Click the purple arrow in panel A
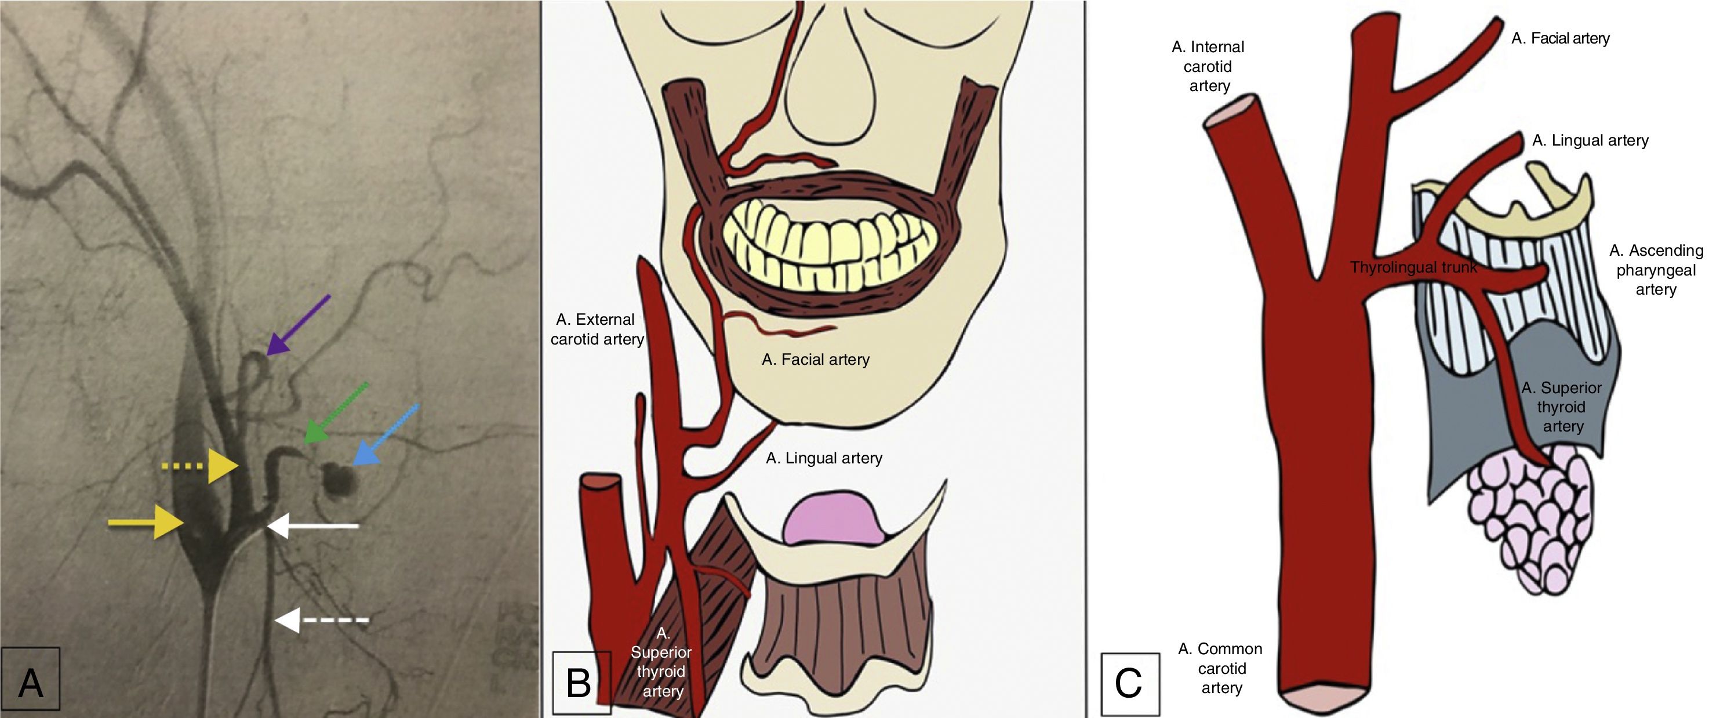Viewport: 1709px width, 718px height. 298,325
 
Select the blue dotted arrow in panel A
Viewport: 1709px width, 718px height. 386,434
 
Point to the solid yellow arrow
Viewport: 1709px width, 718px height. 146,522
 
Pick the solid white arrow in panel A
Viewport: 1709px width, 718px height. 312,526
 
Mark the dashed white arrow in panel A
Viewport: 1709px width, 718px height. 321,621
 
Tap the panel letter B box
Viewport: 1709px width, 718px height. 581,682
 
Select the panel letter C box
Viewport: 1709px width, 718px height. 1130,684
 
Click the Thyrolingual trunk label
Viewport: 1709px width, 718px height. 1414,267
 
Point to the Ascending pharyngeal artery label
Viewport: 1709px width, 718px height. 1656,270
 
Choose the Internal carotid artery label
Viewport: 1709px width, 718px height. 1208,66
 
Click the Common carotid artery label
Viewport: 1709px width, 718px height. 1221,668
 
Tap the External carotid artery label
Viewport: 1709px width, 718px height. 597,329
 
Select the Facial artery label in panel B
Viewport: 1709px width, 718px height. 815,360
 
